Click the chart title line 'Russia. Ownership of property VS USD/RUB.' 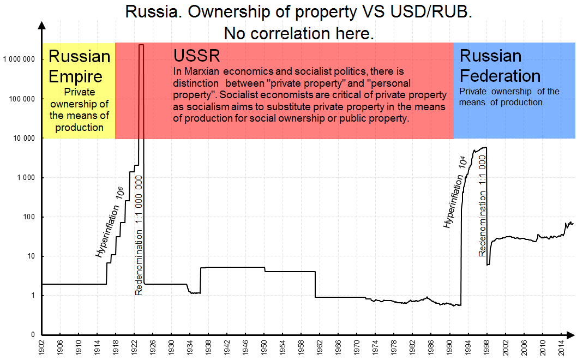[298, 12]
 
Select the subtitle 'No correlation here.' [298, 33]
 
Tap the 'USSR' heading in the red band [197, 56]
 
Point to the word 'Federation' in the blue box [500, 75]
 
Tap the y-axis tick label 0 [33, 335]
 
